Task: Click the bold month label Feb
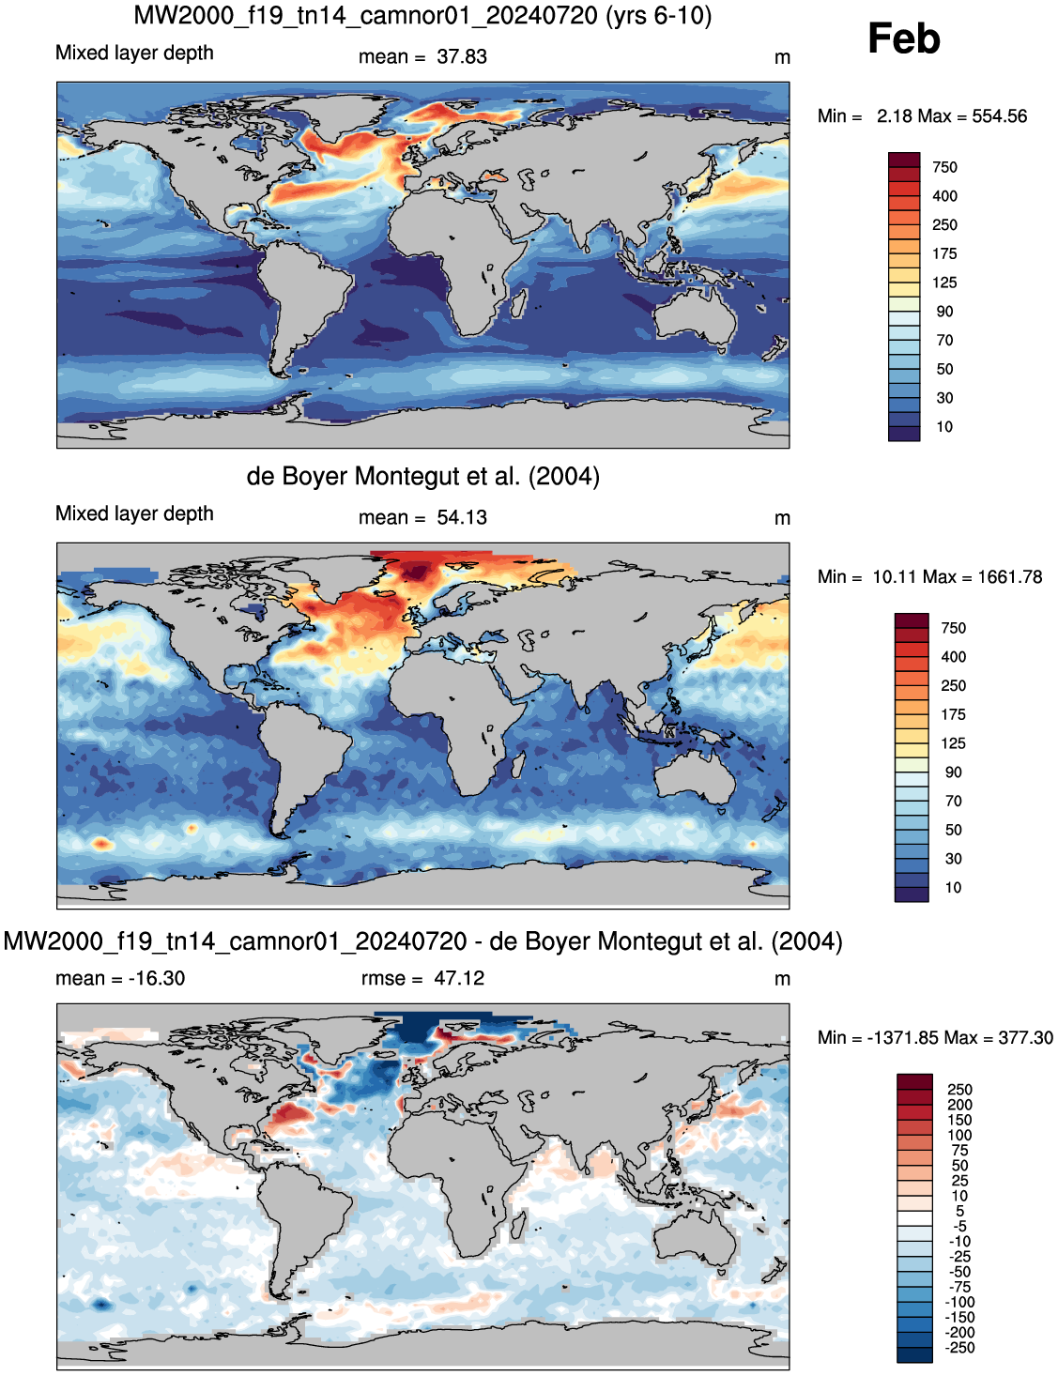[903, 39]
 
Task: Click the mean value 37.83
[462, 57]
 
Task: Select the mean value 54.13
[462, 517]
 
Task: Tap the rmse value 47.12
[459, 978]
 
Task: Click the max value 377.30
[1026, 1038]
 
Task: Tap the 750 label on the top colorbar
[944, 167]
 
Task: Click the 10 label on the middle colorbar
[953, 887]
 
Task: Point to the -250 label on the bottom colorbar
[959, 1348]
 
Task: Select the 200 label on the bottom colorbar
[959, 1105]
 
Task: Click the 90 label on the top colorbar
[944, 312]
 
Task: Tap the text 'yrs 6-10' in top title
[658, 15]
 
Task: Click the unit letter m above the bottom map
[782, 979]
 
